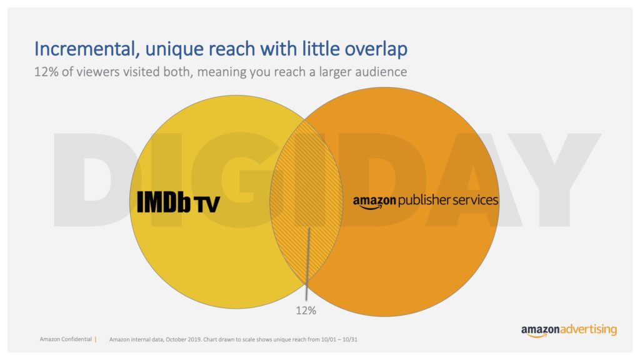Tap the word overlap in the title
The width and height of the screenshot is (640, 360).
pyautogui.click(x=377, y=49)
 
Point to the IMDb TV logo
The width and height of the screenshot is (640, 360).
pyautogui.click(x=178, y=201)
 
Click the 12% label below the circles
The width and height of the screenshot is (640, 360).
pyautogui.click(x=306, y=309)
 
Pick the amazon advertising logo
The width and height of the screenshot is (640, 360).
pyautogui.click(x=569, y=330)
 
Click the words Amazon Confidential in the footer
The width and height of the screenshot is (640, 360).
pyautogui.click(x=65, y=339)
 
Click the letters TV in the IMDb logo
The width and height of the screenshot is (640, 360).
pyautogui.click(x=206, y=203)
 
